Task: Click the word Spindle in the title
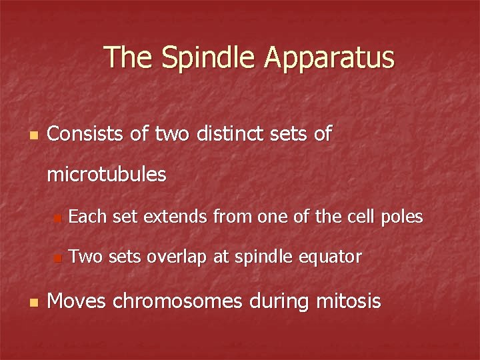point(205,58)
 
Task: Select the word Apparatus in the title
point(329,58)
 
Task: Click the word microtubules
point(106,175)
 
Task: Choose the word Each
point(89,216)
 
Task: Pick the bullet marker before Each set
point(58,217)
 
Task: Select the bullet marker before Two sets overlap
point(58,257)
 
